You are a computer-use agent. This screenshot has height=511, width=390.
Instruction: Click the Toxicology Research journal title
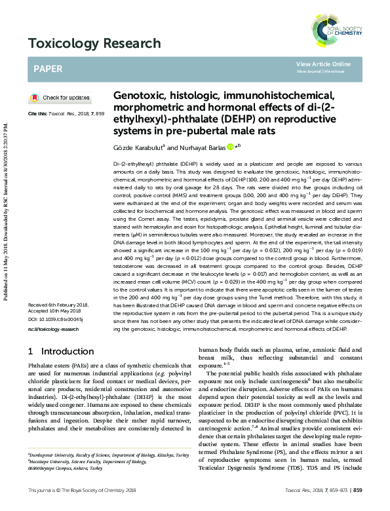point(94,44)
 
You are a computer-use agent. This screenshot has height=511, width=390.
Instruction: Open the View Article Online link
point(323,64)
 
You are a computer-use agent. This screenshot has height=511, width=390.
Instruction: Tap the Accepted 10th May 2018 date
point(54,312)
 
